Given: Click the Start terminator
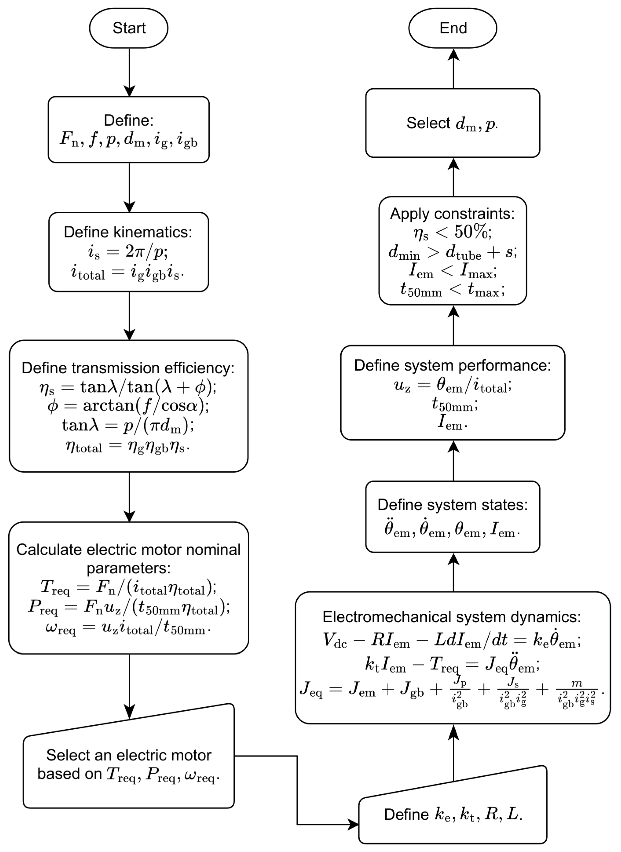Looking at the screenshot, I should click(x=129, y=28).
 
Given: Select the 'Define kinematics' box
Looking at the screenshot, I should click(x=129, y=252).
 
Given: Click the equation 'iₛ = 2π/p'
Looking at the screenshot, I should click(x=128, y=252).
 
